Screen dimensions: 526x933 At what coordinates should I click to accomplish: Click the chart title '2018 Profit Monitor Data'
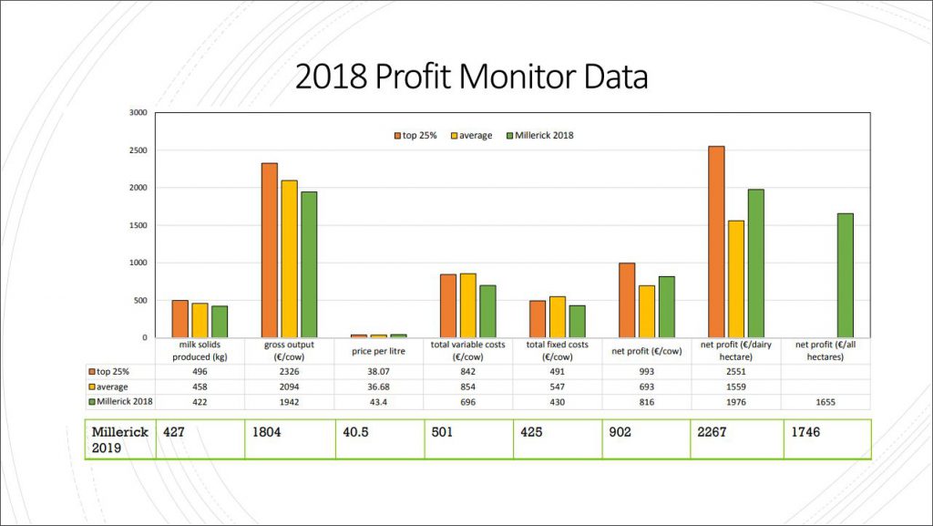click(x=471, y=77)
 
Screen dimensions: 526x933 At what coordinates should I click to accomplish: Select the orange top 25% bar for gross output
click(x=270, y=250)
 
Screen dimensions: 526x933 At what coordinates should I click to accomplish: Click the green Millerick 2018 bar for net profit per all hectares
click(x=845, y=275)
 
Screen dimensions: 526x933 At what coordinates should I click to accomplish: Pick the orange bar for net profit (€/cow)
click(x=627, y=300)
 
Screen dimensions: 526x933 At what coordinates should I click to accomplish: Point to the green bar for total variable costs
click(x=487, y=311)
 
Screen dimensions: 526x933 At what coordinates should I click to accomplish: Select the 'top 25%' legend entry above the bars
click(x=416, y=135)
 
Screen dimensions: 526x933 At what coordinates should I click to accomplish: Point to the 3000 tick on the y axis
click(x=138, y=113)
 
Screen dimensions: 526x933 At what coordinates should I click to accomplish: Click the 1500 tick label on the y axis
click(x=138, y=225)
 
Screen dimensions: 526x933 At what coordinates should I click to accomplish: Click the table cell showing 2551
click(x=735, y=372)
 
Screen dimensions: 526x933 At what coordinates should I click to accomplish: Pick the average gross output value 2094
click(x=289, y=387)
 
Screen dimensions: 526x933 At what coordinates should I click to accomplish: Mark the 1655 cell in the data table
click(x=825, y=401)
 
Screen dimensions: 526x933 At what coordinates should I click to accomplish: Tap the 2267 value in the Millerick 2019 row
click(x=713, y=432)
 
